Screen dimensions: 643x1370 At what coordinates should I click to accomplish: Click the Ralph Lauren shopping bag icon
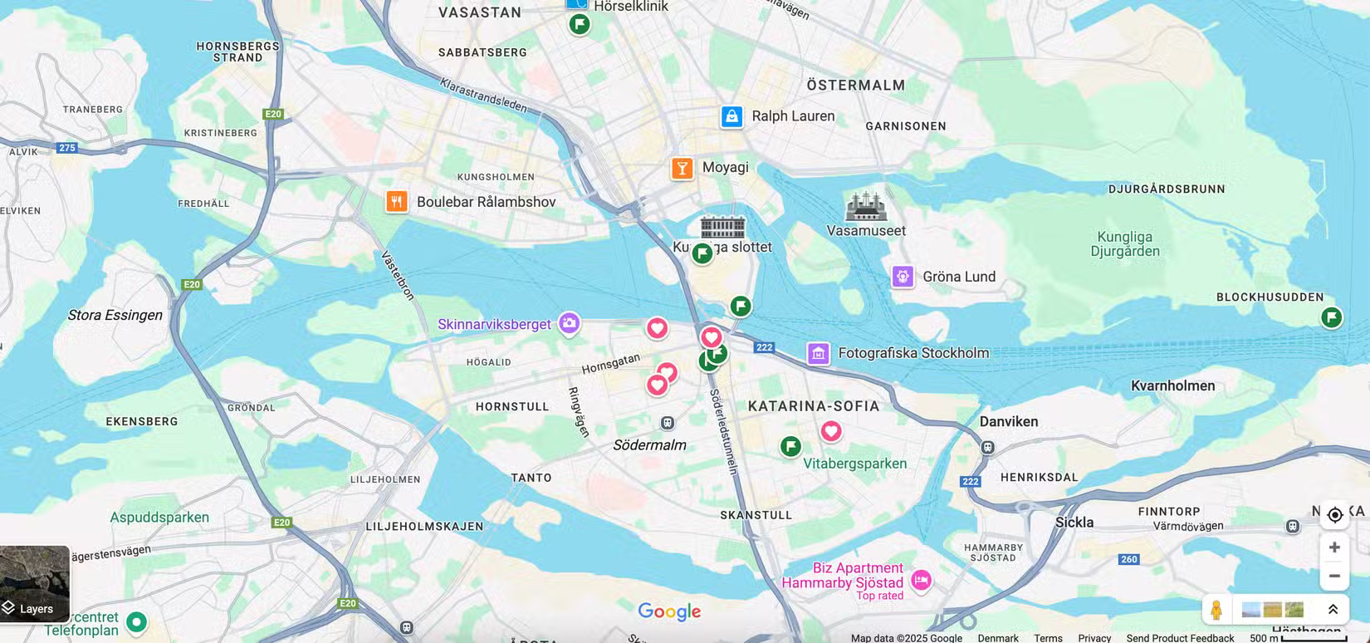(731, 116)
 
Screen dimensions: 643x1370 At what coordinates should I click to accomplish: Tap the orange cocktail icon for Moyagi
(682, 169)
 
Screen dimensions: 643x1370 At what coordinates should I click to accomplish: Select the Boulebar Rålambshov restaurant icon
(397, 202)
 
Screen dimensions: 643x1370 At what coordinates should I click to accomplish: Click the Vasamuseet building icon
(865, 206)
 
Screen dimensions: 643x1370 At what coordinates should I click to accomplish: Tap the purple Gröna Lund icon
(903, 277)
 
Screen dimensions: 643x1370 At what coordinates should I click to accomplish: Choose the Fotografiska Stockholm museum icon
(818, 353)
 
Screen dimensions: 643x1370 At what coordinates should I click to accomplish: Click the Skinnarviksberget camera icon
(569, 323)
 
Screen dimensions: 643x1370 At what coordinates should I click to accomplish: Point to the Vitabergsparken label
(854, 464)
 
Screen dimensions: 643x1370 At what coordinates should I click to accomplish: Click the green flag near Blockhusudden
(1331, 317)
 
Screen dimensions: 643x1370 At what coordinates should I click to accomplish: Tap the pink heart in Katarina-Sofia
(830, 431)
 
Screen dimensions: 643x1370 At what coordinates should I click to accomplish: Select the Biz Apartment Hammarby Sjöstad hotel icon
(921, 580)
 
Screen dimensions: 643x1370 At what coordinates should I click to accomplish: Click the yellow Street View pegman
(1216, 610)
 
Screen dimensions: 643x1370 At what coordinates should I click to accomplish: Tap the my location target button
(1334, 515)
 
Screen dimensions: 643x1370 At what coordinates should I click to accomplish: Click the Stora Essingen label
(115, 315)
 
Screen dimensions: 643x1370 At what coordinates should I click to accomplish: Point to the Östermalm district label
(855, 86)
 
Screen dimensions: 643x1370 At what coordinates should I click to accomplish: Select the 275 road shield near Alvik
(67, 148)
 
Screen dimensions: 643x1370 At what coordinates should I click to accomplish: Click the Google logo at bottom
(669, 611)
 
